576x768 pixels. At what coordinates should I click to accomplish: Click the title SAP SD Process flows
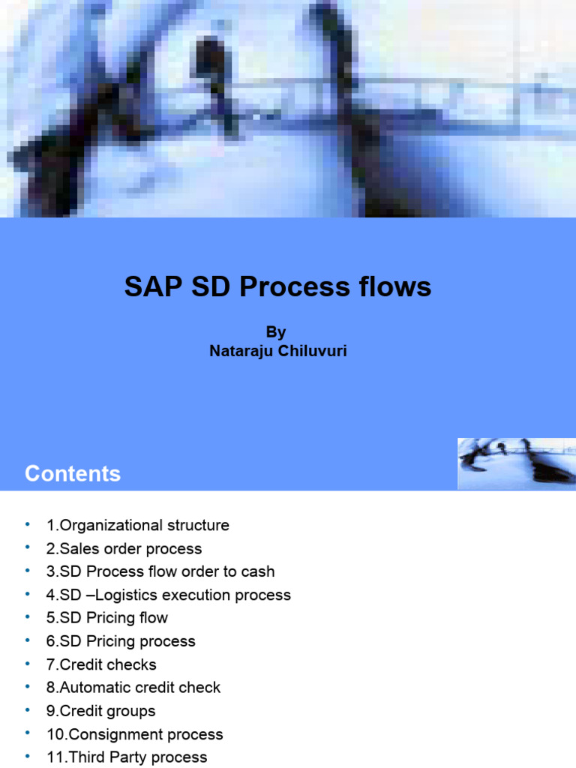[x=277, y=286]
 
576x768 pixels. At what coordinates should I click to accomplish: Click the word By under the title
[x=276, y=332]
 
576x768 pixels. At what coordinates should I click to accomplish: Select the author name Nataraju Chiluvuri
[x=277, y=350]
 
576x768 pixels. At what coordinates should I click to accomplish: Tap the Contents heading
[x=73, y=473]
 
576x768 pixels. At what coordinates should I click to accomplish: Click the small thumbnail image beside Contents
[x=517, y=464]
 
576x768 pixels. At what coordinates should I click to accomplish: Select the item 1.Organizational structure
[x=137, y=525]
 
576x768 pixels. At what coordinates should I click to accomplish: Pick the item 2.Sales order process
[x=124, y=548]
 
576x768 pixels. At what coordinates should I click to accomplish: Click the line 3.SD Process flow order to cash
[x=160, y=571]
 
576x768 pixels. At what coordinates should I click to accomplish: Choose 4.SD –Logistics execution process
[x=168, y=595]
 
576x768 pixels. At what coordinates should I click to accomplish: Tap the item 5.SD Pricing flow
[x=106, y=618]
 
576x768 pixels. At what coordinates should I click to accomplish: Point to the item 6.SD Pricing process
[x=120, y=641]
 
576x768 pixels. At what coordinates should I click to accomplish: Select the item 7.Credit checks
[x=101, y=664]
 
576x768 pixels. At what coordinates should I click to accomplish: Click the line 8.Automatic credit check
[x=133, y=688]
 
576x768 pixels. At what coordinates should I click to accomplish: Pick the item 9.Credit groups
[x=101, y=711]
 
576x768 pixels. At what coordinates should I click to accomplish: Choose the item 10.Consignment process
[x=134, y=734]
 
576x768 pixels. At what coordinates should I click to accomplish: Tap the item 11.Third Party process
[x=126, y=757]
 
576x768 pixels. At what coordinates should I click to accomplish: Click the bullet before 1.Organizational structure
[x=28, y=523]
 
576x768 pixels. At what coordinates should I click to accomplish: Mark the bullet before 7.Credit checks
[x=28, y=663]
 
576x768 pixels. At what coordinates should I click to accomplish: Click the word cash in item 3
[x=256, y=571]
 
